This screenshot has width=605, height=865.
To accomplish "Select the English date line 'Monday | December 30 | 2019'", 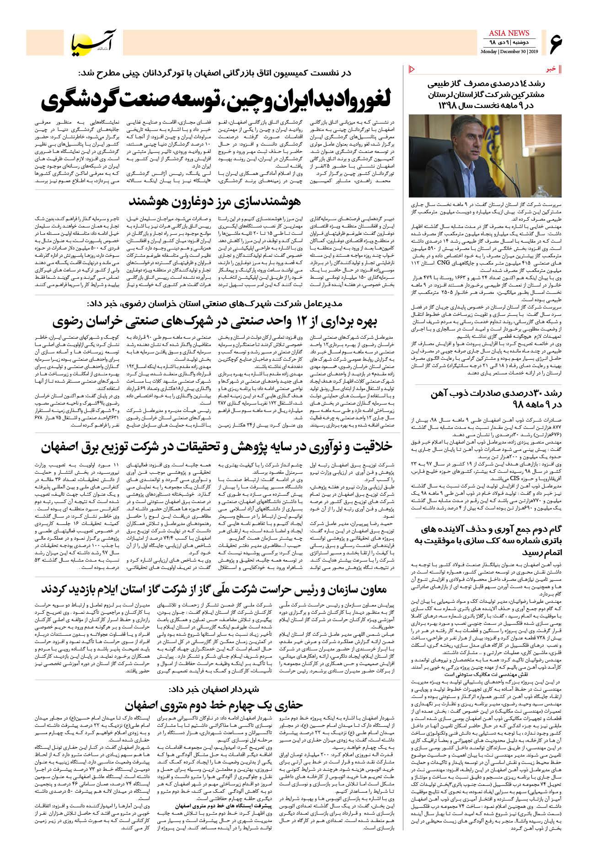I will pyautogui.click(x=509, y=51).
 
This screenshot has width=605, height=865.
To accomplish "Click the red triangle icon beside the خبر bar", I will pyautogui.click(x=411, y=69).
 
